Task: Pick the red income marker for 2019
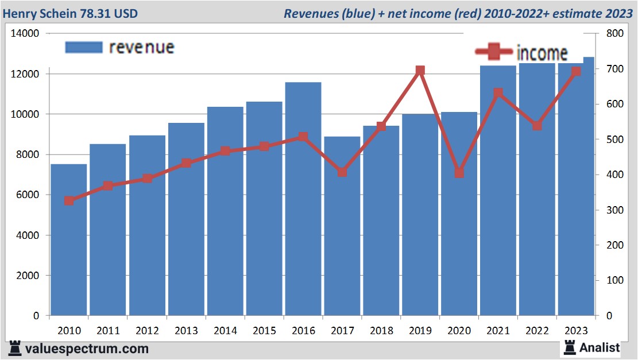(x=420, y=71)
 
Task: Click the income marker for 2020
(x=459, y=173)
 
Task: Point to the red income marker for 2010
(x=69, y=201)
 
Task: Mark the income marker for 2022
(x=537, y=126)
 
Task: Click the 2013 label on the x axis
(x=186, y=331)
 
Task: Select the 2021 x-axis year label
(x=498, y=331)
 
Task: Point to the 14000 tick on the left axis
(x=25, y=33)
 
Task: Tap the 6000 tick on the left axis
(x=28, y=195)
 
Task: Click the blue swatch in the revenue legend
(x=84, y=47)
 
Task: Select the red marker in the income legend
(x=493, y=52)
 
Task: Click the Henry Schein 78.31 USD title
(x=70, y=13)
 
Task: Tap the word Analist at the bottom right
(x=600, y=347)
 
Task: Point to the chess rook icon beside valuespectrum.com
(x=15, y=348)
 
